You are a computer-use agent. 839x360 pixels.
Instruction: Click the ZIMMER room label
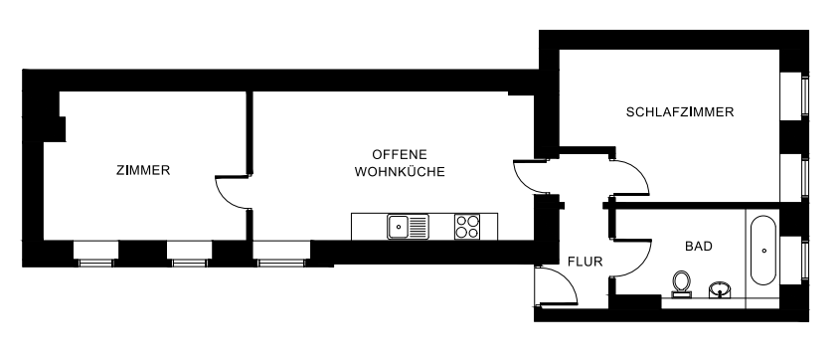(143, 170)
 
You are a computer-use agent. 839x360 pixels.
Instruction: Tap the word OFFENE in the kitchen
(399, 154)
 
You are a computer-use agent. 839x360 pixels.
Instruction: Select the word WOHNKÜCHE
(399, 171)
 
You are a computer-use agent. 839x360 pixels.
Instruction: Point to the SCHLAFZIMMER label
(680, 112)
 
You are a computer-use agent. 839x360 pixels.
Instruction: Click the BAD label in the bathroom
(699, 246)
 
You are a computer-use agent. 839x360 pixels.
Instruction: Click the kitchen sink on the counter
(408, 227)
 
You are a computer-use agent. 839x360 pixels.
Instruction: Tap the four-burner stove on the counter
(467, 227)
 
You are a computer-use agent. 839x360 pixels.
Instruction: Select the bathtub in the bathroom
(763, 250)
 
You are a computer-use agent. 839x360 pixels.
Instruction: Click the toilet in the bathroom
(682, 283)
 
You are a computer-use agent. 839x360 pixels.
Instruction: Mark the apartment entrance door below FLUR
(555, 288)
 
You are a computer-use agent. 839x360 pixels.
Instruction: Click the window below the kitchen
(279, 262)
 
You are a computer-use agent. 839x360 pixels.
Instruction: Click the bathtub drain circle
(763, 237)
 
